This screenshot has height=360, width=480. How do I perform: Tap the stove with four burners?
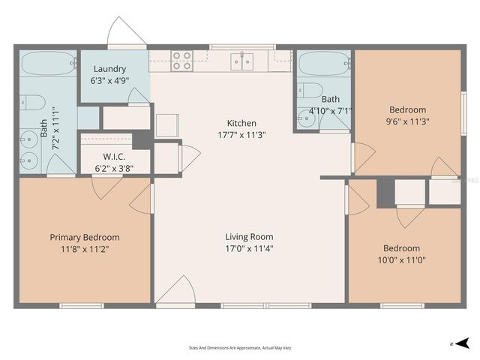[x=181, y=60]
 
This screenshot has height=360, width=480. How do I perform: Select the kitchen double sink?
[x=241, y=61]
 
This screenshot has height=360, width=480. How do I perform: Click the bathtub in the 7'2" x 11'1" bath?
[x=47, y=63]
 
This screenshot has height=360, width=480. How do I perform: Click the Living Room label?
[x=241, y=237]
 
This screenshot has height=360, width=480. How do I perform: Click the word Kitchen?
[x=241, y=123]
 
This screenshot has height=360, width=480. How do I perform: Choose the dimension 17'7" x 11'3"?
[x=241, y=135]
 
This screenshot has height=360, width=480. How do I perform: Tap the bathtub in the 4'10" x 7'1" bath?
[x=323, y=63]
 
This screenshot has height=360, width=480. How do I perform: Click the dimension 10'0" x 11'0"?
[x=401, y=260]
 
